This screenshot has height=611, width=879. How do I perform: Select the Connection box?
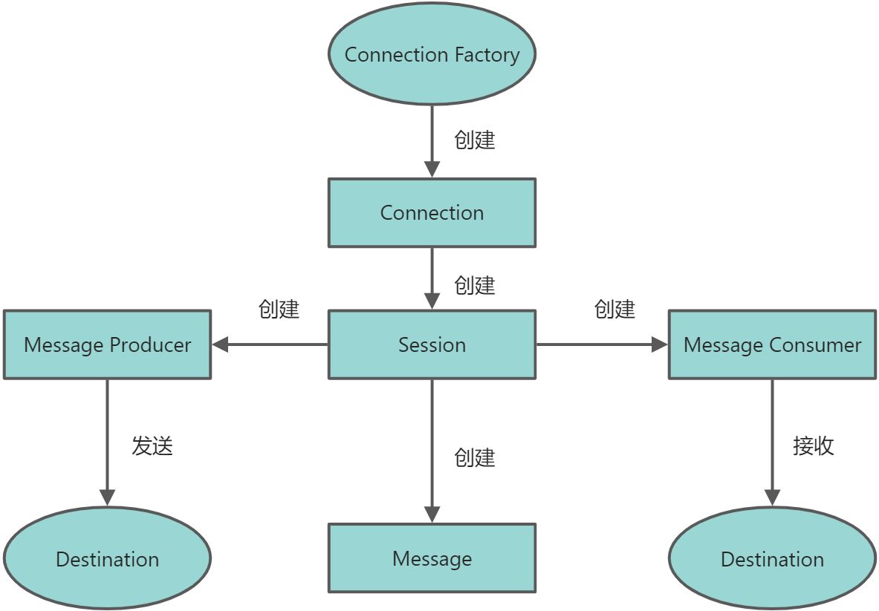coord(432,212)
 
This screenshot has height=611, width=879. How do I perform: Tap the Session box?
coord(432,344)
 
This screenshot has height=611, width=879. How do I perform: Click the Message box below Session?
coord(432,558)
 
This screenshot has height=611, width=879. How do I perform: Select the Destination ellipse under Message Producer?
coord(107,558)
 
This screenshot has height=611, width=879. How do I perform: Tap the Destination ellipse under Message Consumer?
coord(772,558)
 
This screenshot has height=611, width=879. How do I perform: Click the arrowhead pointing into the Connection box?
coord(432,169)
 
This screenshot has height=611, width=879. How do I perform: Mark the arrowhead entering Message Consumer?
coord(659,344)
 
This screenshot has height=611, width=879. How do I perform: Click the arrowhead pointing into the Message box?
coord(432,514)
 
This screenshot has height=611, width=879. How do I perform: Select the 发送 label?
coord(152,445)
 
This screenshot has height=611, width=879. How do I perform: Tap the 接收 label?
coord(813,445)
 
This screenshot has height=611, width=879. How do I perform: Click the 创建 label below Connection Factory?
coord(474,140)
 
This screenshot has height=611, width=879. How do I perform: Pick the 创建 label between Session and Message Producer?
coord(279,309)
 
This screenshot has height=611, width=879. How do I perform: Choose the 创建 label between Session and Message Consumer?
coord(614,309)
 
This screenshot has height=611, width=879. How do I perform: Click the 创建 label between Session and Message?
coord(474,457)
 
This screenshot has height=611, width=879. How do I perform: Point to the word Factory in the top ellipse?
coord(487,55)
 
